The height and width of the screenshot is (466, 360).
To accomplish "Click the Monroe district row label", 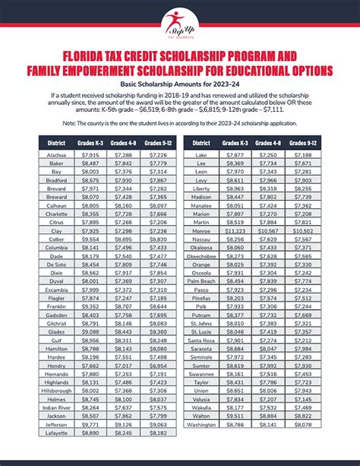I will pos(201,230).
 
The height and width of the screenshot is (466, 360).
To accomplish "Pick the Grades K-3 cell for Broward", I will pos(90,196).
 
